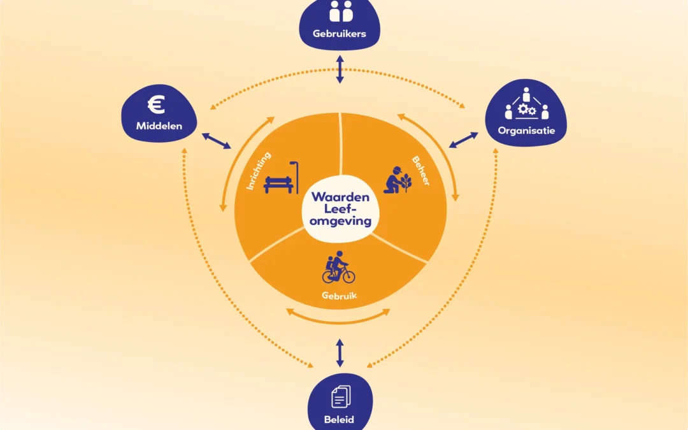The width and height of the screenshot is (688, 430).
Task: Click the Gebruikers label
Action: [x=340, y=34]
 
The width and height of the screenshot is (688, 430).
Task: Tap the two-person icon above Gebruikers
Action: [x=340, y=11]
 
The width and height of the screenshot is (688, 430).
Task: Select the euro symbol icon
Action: [x=155, y=105]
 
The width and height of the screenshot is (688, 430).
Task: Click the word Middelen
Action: [x=159, y=126]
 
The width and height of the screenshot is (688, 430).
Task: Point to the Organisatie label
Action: [x=527, y=131]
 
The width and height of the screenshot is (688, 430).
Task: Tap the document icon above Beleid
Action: [x=340, y=398]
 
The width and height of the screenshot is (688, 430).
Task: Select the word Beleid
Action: [x=340, y=420]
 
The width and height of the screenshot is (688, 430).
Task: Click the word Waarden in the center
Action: [x=340, y=197]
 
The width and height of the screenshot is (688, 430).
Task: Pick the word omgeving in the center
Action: [x=340, y=220]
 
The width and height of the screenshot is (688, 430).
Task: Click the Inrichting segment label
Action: [x=259, y=170]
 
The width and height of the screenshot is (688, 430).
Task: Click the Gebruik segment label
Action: [x=338, y=296]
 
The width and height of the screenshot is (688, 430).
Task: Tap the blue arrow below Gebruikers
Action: [x=340, y=68]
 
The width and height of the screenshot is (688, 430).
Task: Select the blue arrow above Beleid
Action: [x=340, y=352]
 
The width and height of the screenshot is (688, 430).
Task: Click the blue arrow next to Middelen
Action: [x=217, y=141]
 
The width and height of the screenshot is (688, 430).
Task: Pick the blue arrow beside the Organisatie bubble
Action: [x=464, y=140]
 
